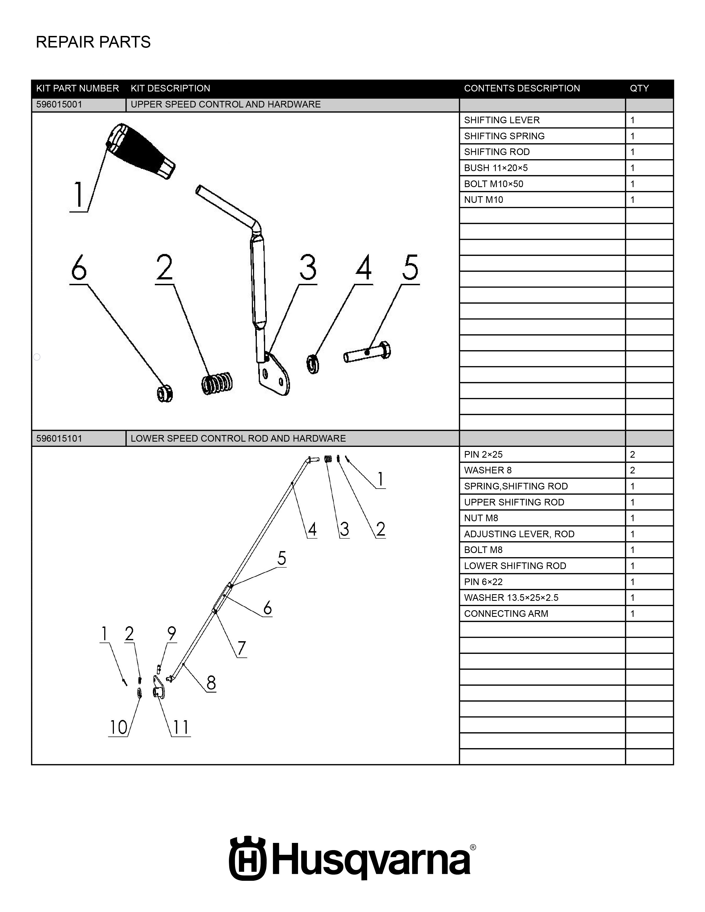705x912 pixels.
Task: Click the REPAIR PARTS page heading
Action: coord(93,42)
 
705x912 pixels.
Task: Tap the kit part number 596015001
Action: coord(59,104)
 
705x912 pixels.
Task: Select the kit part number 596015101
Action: coord(59,439)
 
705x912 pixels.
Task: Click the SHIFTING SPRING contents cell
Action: coord(504,136)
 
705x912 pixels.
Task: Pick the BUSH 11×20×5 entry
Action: coord(496,168)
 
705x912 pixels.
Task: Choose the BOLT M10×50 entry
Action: coord(493,184)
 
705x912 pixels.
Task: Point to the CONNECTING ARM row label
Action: coord(506,614)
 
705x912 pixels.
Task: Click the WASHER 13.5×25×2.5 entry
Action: coord(511,597)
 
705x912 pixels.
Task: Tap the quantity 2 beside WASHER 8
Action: coord(632,470)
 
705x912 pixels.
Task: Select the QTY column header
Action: coord(639,88)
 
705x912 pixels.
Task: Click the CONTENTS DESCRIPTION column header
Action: coord(522,88)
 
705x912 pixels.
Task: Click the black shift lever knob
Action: coord(140,151)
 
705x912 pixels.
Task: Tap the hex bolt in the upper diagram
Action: coord(367,352)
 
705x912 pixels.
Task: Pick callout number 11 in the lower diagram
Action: coord(181,727)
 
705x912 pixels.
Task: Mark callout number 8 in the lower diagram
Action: coord(211,683)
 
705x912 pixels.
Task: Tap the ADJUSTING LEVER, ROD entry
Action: coord(519,534)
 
